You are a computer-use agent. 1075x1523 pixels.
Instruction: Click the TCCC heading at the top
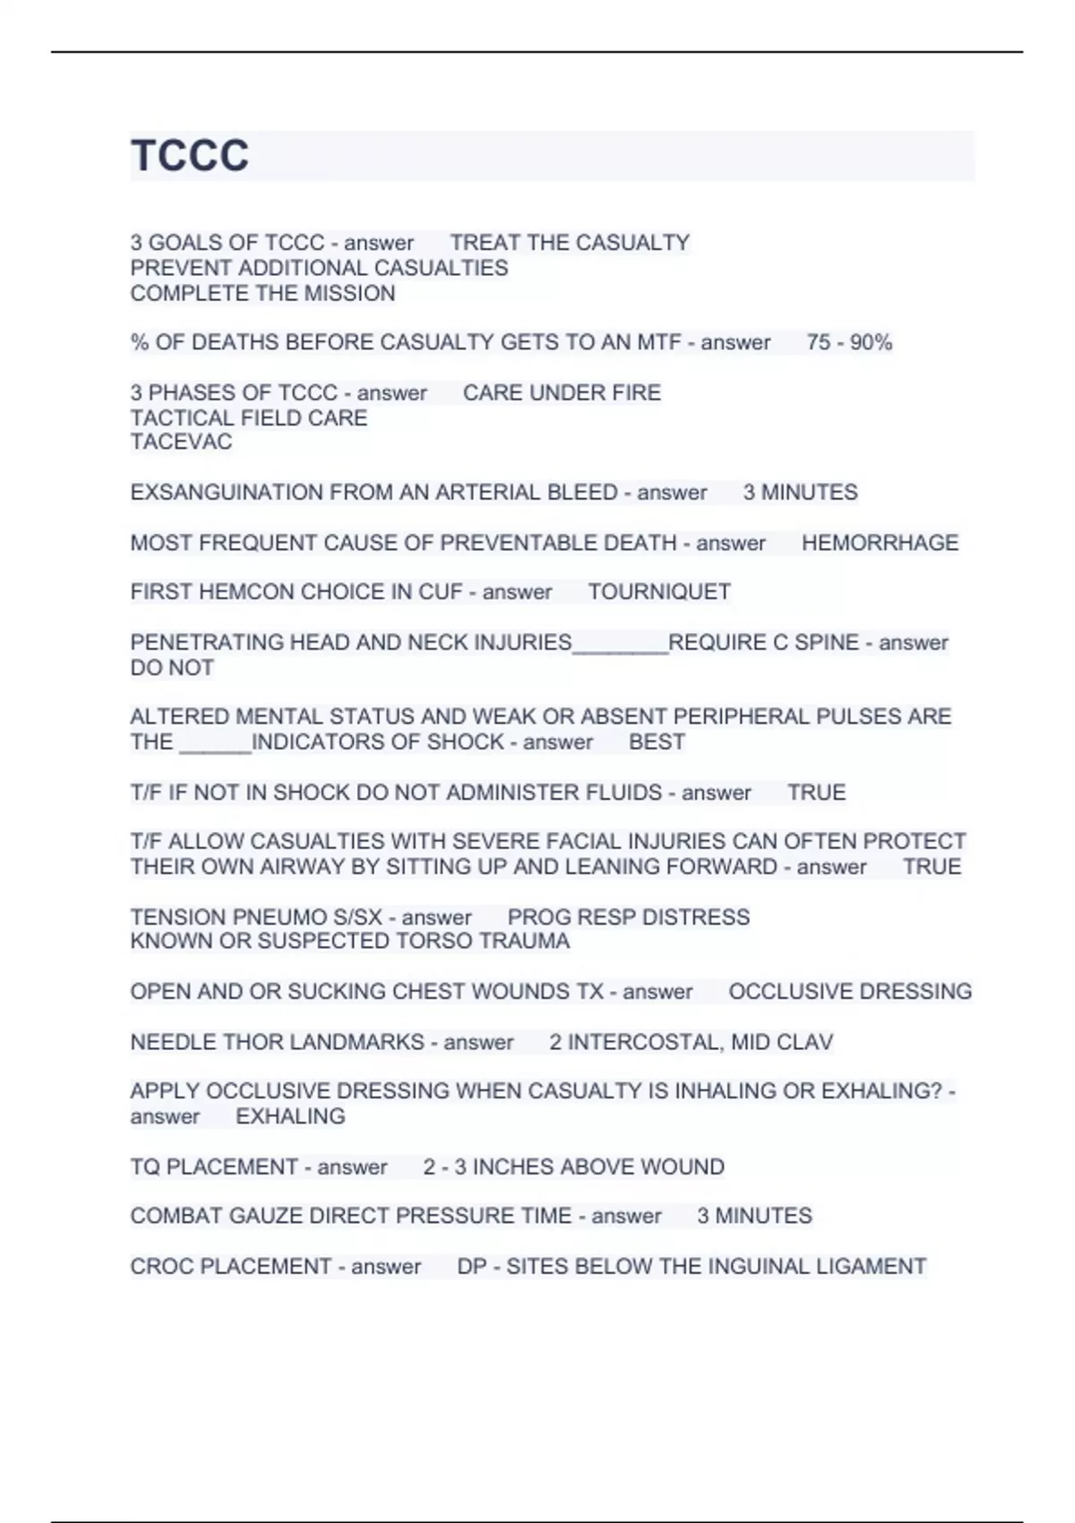(190, 156)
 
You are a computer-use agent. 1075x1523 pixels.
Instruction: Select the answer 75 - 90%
(848, 342)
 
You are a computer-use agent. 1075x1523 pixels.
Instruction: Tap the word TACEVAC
(181, 442)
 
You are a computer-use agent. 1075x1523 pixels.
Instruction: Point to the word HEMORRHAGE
(880, 543)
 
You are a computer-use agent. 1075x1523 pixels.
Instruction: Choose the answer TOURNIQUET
(659, 592)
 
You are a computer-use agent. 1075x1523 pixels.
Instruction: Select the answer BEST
(657, 742)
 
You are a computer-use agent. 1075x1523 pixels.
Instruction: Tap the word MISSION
(349, 293)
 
